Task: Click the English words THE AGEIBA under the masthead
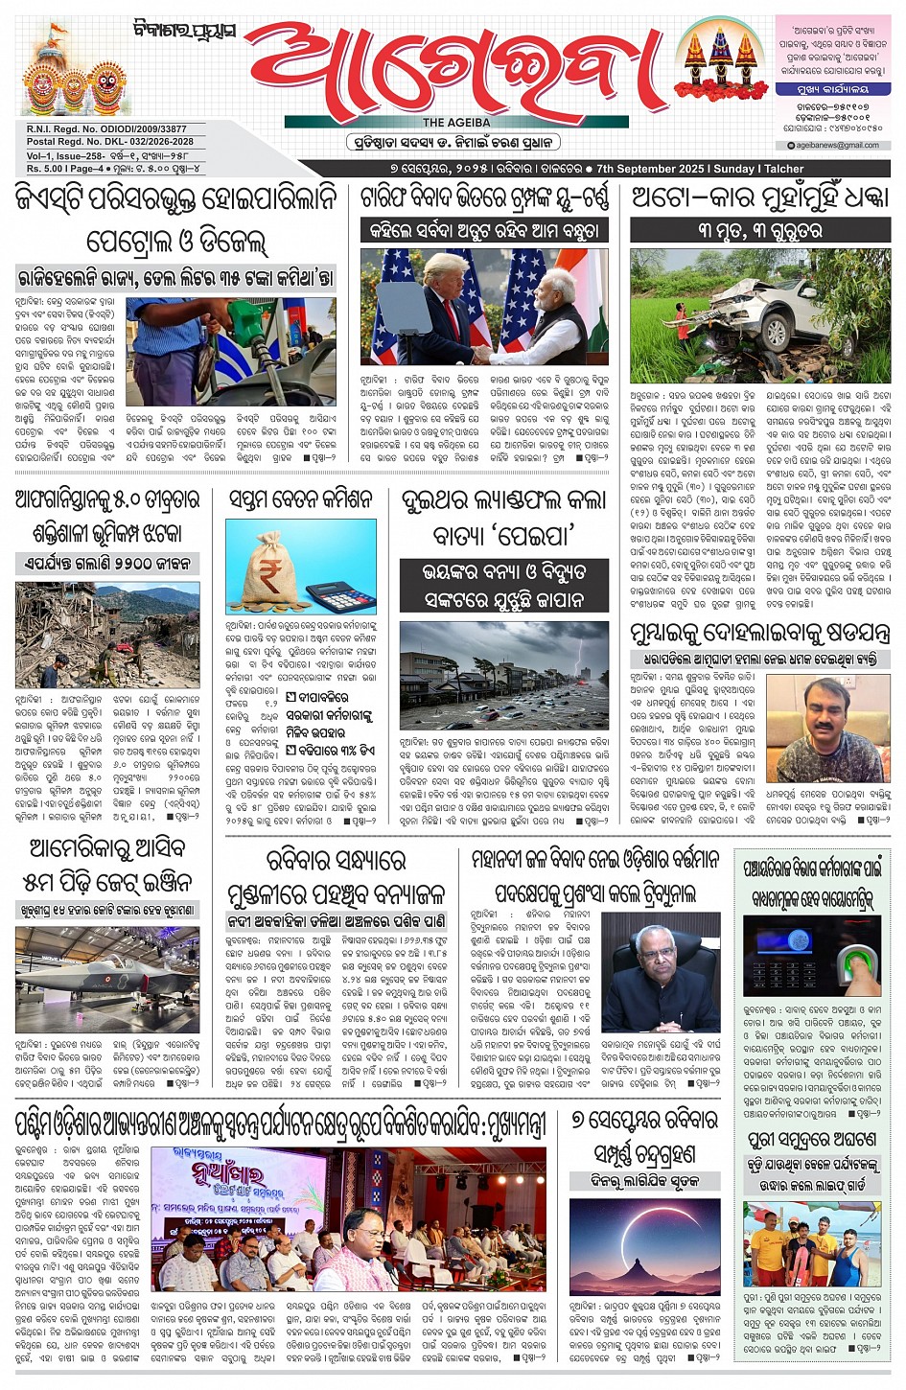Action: pos(456,123)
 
